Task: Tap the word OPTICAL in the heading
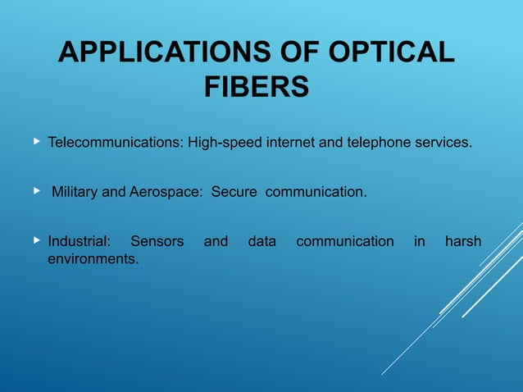[x=391, y=53]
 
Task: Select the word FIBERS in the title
[x=256, y=87]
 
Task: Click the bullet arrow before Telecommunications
[x=36, y=143]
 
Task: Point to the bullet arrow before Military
[x=36, y=192]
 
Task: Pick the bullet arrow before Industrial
[x=36, y=241]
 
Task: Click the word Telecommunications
[x=115, y=144]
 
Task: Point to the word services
[x=442, y=144]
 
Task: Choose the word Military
[x=75, y=193]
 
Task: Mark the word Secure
[x=234, y=193]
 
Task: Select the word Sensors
[x=157, y=242]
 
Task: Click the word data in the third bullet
[x=261, y=242]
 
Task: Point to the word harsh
[x=462, y=242]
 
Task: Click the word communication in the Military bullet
[x=316, y=193]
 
